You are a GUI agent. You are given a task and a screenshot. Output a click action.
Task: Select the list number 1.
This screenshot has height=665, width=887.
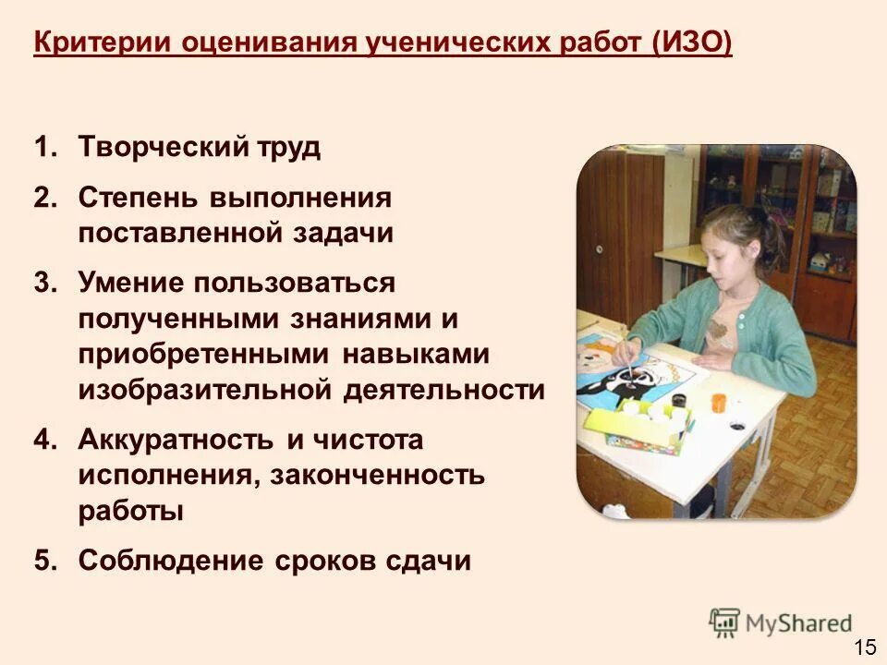pyautogui.click(x=45, y=148)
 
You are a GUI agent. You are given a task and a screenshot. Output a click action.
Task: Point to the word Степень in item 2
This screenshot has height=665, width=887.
pyautogui.click(x=138, y=198)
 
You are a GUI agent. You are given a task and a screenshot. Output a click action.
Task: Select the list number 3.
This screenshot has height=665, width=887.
pyautogui.click(x=45, y=283)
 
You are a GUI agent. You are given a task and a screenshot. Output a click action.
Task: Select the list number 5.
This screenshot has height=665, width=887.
pyautogui.click(x=45, y=561)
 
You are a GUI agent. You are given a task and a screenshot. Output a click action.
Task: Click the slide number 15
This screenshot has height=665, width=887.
pyautogui.click(x=865, y=647)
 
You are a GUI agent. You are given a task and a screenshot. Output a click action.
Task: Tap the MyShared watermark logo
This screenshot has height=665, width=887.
pyautogui.click(x=780, y=623)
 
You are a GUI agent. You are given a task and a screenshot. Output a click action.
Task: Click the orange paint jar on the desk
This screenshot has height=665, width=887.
pyautogui.click(x=720, y=404)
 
